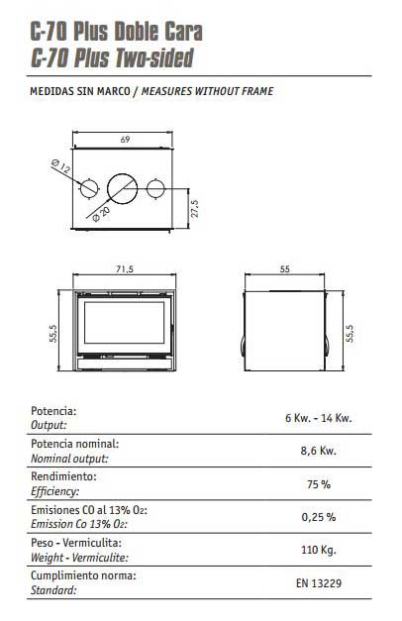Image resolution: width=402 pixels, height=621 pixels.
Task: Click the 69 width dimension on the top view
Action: pyautogui.click(x=125, y=140)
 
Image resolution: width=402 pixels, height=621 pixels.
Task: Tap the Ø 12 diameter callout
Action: pyautogui.click(x=61, y=166)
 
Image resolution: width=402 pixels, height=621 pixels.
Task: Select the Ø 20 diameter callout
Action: pyautogui.click(x=101, y=214)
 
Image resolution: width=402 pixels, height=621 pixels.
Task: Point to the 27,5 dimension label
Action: pyautogui.click(x=194, y=208)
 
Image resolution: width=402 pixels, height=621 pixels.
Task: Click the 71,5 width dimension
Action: pyautogui.click(x=125, y=269)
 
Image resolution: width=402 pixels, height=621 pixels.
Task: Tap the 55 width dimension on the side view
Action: pyautogui.click(x=285, y=269)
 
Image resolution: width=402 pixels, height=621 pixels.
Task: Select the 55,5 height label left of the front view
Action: pyautogui.click(x=53, y=334)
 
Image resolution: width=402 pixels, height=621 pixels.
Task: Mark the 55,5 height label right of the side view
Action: pyautogui.click(x=350, y=334)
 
